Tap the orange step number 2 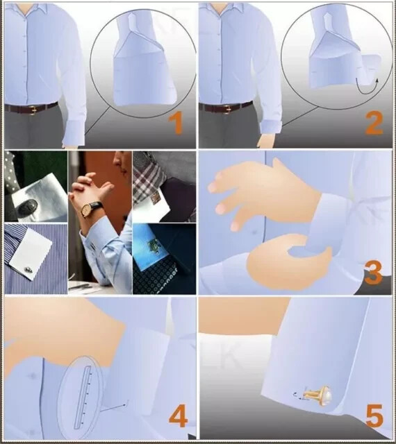374,123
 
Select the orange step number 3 374,273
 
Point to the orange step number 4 178,416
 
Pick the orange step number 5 374,416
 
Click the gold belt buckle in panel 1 33,110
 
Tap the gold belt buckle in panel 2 227,109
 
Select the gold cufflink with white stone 317,394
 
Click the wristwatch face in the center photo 86,210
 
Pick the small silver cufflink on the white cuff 28,270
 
